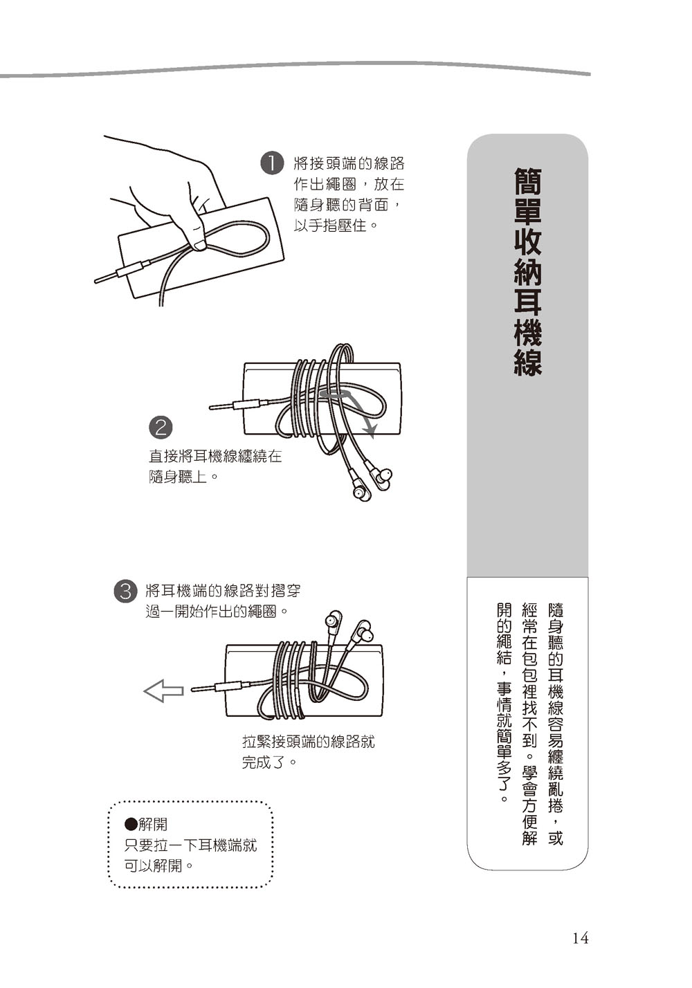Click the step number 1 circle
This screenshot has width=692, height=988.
(272, 163)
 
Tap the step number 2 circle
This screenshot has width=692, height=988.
(161, 427)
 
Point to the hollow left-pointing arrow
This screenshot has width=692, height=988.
(163, 690)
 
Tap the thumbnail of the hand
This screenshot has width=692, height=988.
(200, 245)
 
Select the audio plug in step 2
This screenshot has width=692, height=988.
(239, 405)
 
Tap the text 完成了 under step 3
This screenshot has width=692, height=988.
(262, 774)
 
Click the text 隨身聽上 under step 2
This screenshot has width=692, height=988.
(178, 477)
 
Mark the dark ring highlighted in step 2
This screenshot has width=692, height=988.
(336, 392)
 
